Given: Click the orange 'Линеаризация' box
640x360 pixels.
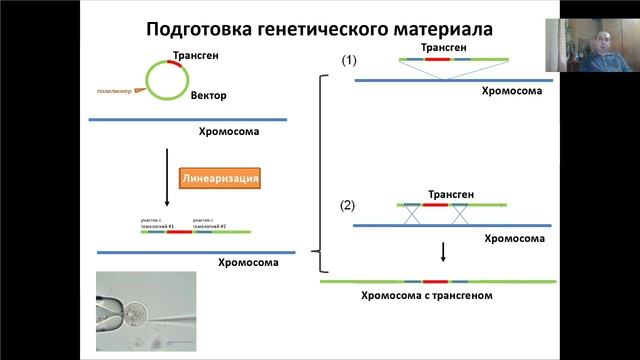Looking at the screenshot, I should point(221,179).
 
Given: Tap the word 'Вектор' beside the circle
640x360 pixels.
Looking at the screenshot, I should point(210,97).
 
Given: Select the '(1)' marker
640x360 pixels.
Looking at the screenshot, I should point(349,60).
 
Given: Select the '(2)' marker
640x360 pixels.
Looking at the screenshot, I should point(347,206).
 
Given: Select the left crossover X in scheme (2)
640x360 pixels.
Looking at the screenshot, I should point(410,214).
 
